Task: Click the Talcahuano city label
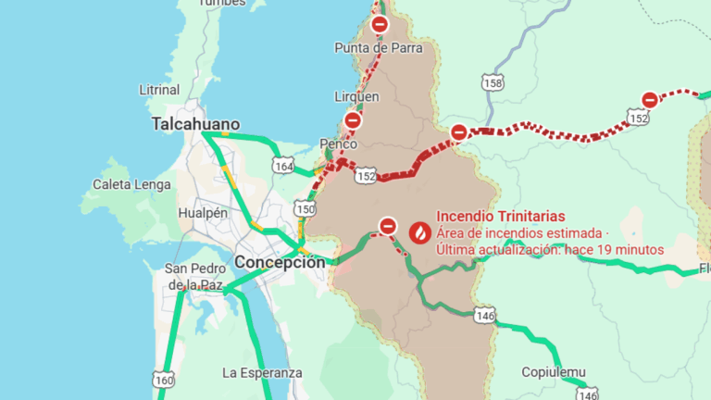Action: pyautogui.click(x=195, y=124)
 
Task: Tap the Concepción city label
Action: pyautogui.click(x=280, y=262)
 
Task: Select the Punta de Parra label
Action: pyautogui.click(x=378, y=47)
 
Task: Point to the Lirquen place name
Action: pyautogui.click(x=356, y=96)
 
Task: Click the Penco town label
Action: pyautogui.click(x=337, y=144)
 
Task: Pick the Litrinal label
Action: pyautogui.click(x=158, y=90)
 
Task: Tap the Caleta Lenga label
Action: pyautogui.click(x=131, y=184)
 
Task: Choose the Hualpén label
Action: pyautogui.click(x=203, y=213)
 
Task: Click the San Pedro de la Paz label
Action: pyautogui.click(x=193, y=276)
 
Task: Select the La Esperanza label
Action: pyautogui.click(x=262, y=372)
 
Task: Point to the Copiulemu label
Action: pyautogui.click(x=554, y=372)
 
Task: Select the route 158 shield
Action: pyautogui.click(x=493, y=83)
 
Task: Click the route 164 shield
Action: pyautogui.click(x=283, y=166)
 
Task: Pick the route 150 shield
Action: pyautogui.click(x=305, y=208)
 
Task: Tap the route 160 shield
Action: pyautogui.click(x=163, y=379)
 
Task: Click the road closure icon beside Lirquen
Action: pyautogui.click(x=353, y=120)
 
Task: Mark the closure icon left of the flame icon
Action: pyautogui.click(x=389, y=225)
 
